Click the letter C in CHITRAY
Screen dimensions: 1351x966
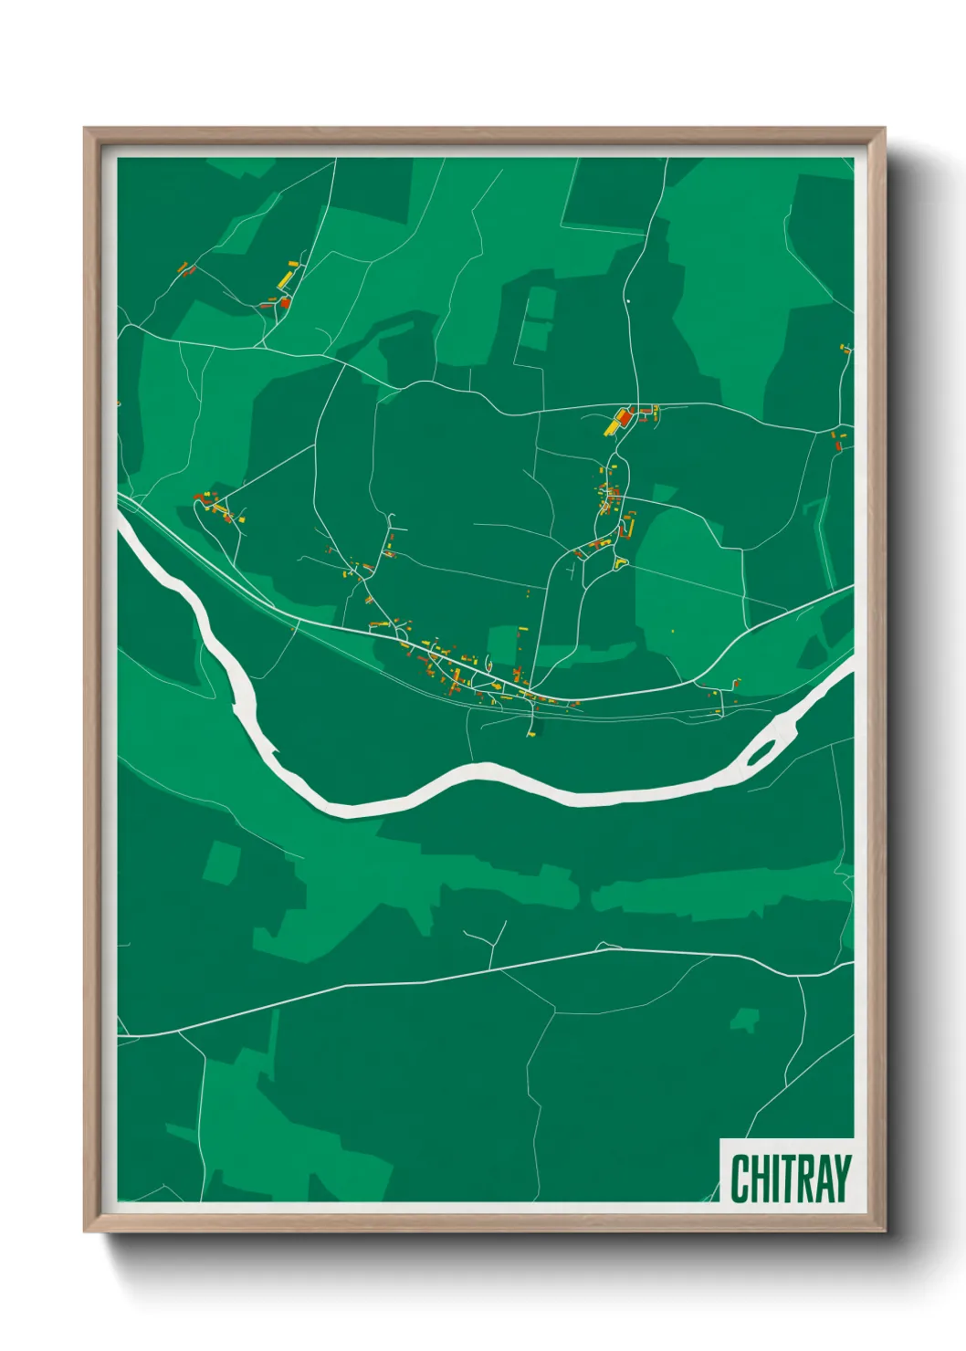click(x=740, y=1178)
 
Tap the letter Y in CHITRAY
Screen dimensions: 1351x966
click(x=840, y=1178)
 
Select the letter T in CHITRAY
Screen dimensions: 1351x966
click(x=786, y=1178)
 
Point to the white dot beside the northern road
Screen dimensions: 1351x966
click(x=628, y=299)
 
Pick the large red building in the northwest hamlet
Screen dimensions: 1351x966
click(x=284, y=301)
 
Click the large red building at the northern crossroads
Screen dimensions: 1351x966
click(x=624, y=417)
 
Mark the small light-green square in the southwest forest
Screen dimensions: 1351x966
click(x=221, y=863)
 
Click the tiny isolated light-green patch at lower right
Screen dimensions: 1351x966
click(x=747, y=1019)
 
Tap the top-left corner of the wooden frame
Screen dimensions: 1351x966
click(x=86, y=130)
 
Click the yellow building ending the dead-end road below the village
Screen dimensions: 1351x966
click(x=530, y=732)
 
